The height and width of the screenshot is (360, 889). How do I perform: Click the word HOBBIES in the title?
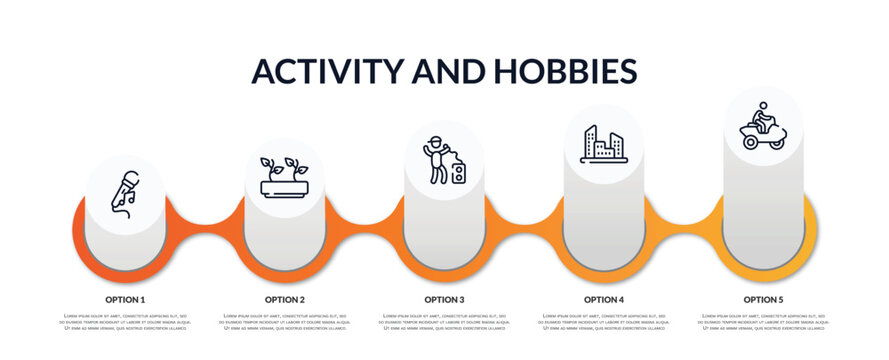pos(566,71)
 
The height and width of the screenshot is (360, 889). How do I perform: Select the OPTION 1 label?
pos(125,299)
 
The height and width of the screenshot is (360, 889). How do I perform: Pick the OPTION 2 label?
pos(285,299)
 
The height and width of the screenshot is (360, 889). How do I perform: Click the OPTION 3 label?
pos(444,299)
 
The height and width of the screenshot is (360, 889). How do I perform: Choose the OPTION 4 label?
pos(604,299)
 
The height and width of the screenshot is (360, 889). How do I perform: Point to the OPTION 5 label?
pos(763,299)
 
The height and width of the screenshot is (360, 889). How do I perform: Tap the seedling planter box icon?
pos(285,177)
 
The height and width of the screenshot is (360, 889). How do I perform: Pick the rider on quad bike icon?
pos(763,127)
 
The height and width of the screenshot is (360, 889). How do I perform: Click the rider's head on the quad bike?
pos(763,106)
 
